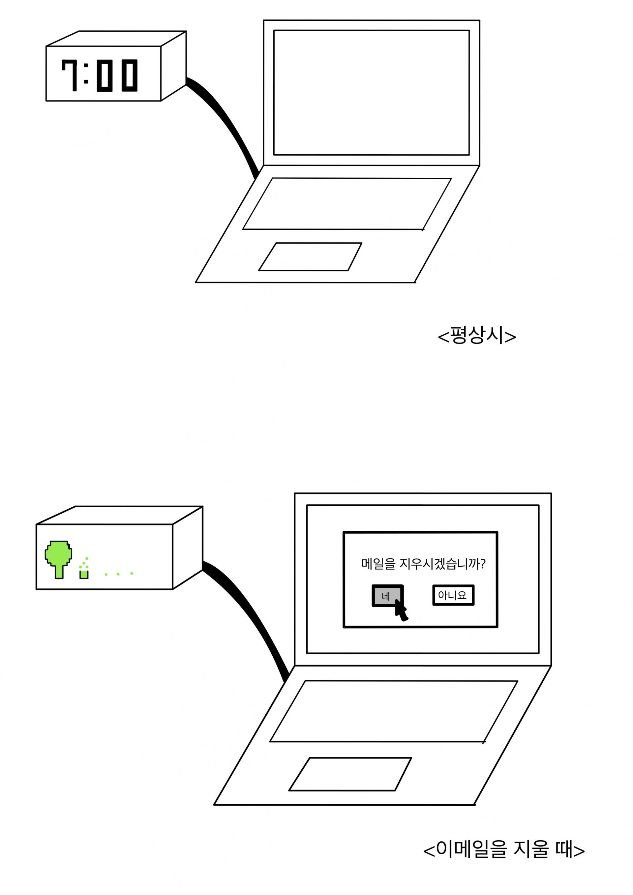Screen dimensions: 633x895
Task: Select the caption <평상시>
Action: point(477,336)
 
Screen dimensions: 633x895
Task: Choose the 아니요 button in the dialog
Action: point(453,595)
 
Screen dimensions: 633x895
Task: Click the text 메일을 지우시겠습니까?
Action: point(423,564)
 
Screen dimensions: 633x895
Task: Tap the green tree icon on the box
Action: point(58,559)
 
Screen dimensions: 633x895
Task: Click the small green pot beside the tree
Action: point(84,574)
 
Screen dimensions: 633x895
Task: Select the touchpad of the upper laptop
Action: point(310,256)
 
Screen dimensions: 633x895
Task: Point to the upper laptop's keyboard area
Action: point(347,204)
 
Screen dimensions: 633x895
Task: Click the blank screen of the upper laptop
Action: point(372,93)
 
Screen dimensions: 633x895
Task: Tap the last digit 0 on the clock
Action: point(130,75)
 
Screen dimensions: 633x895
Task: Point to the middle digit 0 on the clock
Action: point(105,75)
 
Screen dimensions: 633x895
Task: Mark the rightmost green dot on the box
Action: point(132,573)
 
